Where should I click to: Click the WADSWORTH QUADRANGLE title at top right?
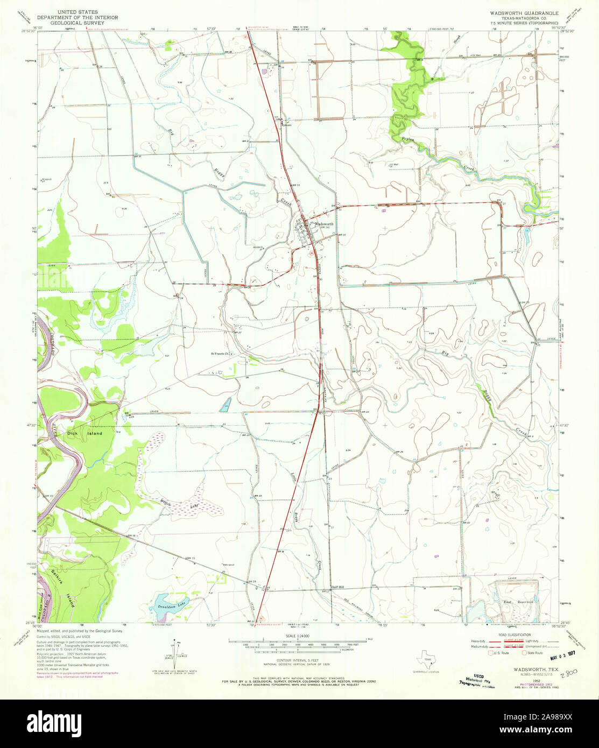pyautogui.click(x=523, y=12)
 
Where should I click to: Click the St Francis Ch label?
pyautogui.click(x=220, y=354)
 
